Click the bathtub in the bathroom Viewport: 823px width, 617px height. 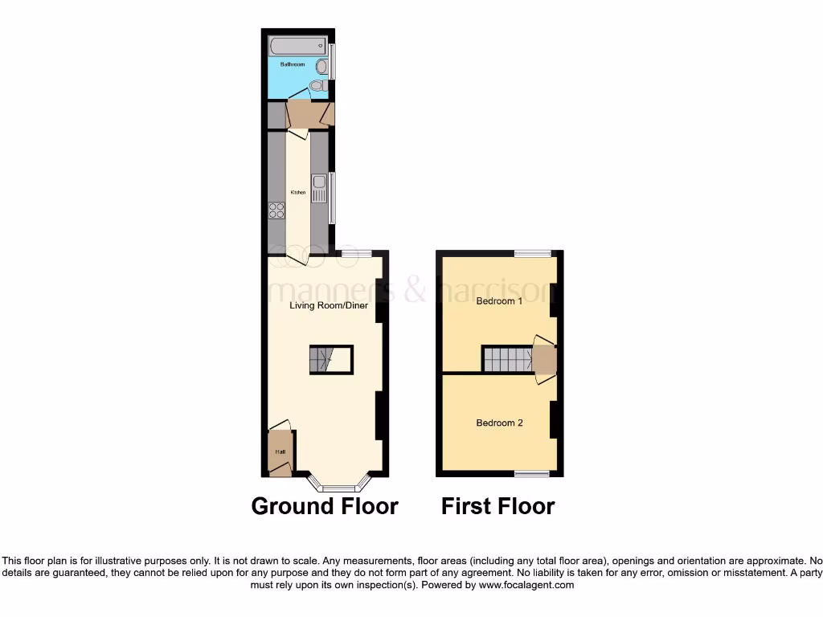[297, 46]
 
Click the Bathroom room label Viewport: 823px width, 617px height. [292, 63]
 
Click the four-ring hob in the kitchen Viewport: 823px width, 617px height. [276, 210]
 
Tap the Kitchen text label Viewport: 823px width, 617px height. [298, 193]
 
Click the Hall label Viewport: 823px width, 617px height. [280, 452]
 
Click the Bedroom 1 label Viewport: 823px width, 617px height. [499, 301]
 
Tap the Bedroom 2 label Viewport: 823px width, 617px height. [499, 423]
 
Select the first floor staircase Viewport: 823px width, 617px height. [506, 359]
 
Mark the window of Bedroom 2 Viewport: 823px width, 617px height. [532, 473]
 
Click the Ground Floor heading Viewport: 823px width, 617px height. [325, 506]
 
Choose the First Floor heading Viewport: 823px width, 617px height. [497, 506]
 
